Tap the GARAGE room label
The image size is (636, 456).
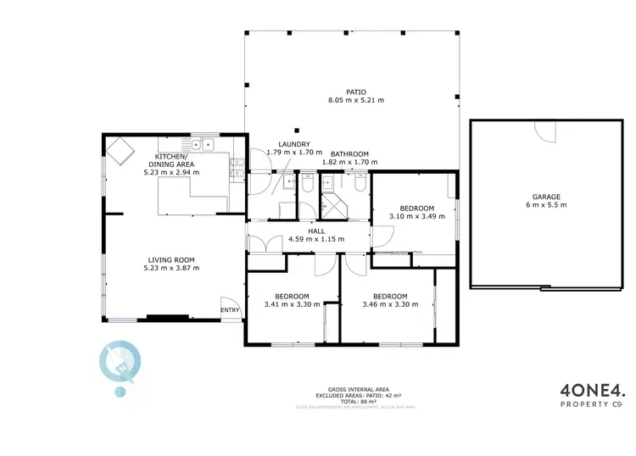(546, 197)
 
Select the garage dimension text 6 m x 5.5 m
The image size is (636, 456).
(546, 205)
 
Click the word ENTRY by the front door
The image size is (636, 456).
(230, 310)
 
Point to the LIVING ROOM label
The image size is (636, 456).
(173, 260)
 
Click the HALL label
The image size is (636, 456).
(316, 231)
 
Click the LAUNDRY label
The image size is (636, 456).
(294, 144)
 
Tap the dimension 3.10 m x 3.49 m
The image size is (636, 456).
(417, 217)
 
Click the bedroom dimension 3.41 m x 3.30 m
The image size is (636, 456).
(293, 304)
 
